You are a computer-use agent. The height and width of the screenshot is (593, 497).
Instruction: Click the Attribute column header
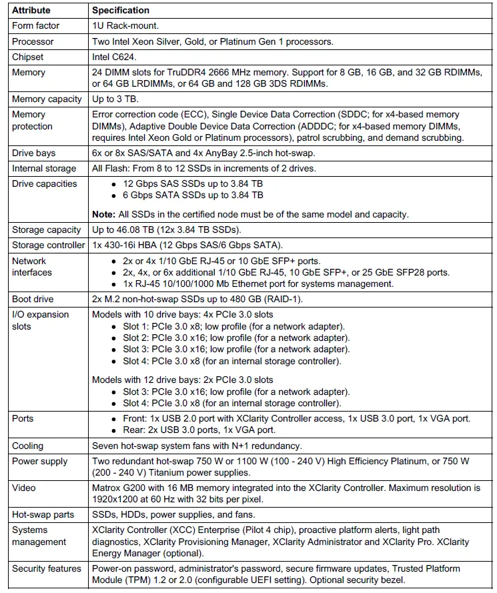[x=31, y=11]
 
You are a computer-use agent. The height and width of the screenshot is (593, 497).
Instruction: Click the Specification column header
[x=120, y=11]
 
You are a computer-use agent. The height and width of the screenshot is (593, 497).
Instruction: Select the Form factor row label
[x=35, y=25]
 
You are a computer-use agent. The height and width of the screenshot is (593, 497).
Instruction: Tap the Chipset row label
[x=27, y=57]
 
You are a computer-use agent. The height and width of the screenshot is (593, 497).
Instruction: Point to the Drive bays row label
[x=33, y=153]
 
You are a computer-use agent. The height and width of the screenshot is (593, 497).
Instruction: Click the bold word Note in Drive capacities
[x=103, y=214]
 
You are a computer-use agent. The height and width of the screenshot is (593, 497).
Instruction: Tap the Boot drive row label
[x=33, y=300]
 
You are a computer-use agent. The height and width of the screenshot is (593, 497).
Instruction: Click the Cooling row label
[x=27, y=446]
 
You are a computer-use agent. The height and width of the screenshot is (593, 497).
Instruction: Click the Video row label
[x=24, y=488]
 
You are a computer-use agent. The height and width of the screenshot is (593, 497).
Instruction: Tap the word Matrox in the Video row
[x=106, y=488]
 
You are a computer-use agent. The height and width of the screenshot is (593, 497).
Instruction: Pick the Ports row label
[x=23, y=418]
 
